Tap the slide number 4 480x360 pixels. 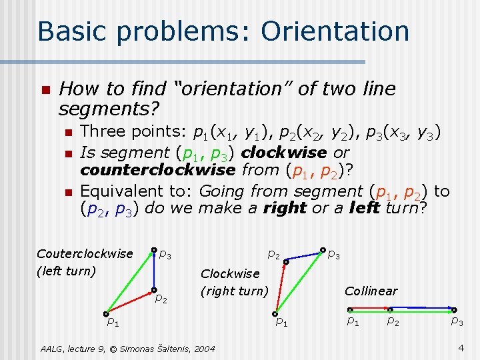[461, 347]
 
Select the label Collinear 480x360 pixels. [371, 291]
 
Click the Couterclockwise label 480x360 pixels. [85, 253]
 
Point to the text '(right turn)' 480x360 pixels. [234, 291]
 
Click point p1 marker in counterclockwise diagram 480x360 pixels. [106, 313]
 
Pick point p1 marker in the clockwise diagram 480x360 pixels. [275, 313]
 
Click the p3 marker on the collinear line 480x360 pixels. [454, 310]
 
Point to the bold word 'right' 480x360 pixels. [285, 207]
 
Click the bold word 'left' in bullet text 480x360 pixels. [364, 207]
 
